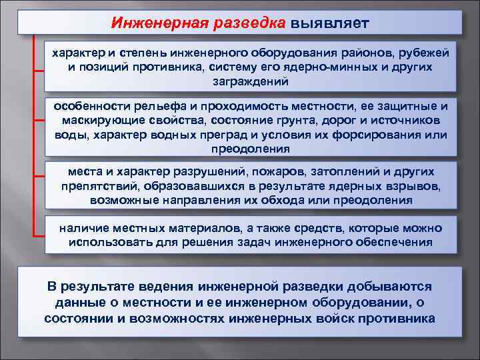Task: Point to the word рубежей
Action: [x=423, y=53]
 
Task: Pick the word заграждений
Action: [x=250, y=81]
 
